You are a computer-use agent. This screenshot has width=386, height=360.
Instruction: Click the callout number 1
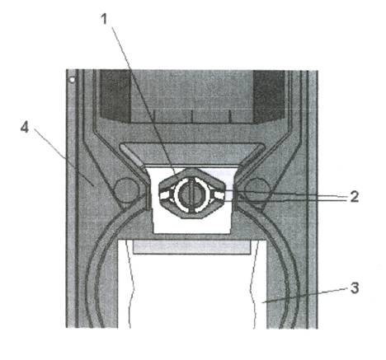click(104, 19)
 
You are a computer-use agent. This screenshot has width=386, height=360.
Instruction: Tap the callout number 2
click(355, 197)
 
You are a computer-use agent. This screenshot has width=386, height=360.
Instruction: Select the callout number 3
click(355, 288)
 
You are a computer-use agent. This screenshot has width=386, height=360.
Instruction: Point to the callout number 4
click(25, 127)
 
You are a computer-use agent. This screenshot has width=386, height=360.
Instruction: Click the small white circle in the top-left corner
click(72, 80)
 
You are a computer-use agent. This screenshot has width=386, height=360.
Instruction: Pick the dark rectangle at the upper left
click(115, 96)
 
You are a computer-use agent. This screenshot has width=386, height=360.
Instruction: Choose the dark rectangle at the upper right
click(269, 96)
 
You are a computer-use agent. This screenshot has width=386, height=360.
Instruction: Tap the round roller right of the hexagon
click(257, 190)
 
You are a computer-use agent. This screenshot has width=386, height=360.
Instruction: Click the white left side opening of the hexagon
click(166, 194)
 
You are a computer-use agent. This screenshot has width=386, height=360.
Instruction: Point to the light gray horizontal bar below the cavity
click(192, 247)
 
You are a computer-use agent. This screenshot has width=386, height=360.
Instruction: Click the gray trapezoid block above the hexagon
click(192, 154)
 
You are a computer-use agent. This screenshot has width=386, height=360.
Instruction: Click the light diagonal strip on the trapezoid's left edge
click(132, 157)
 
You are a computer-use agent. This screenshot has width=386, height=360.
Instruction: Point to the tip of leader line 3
click(262, 302)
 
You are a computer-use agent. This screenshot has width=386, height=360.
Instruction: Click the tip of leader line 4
click(93, 186)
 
